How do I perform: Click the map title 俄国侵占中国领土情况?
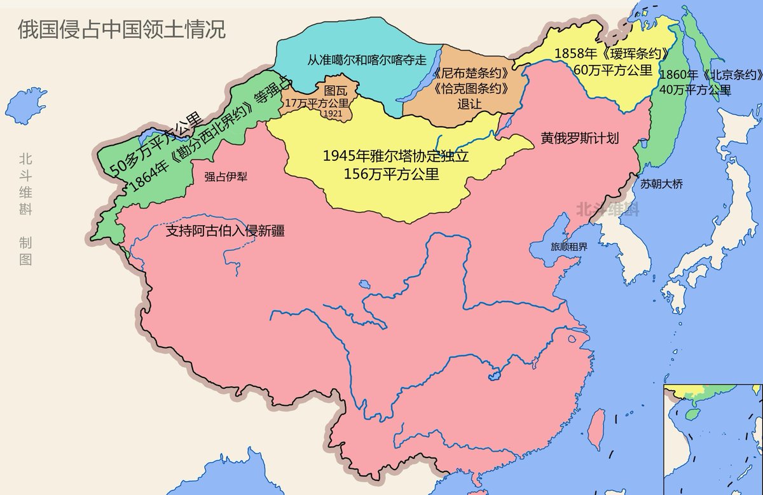tap(121, 30)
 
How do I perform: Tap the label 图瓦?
tap(336, 90)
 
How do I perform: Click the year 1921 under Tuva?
tap(333, 113)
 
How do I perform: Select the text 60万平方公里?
tap(604, 69)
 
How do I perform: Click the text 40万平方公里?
tap(695, 89)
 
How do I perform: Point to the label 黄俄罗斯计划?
tap(580, 138)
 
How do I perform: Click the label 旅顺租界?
tap(560, 247)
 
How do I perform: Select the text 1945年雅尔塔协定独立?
tap(391, 157)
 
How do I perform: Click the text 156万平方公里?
tap(391, 173)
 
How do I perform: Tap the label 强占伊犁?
tap(226, 178)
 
